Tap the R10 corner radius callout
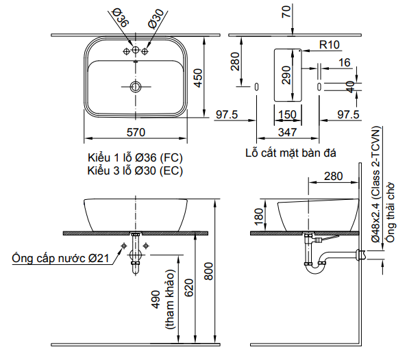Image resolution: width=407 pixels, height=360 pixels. (330, 44)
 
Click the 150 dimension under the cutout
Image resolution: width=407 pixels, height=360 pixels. (288, 114)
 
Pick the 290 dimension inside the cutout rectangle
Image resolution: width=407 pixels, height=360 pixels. (286, 75)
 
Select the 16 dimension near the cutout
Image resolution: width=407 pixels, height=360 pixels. (344, 62)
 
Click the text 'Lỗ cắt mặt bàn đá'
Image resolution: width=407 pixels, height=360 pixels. (291, 152)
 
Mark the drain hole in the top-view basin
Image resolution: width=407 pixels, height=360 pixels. (136, 87)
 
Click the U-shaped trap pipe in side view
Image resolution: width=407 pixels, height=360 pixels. (316, 266)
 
